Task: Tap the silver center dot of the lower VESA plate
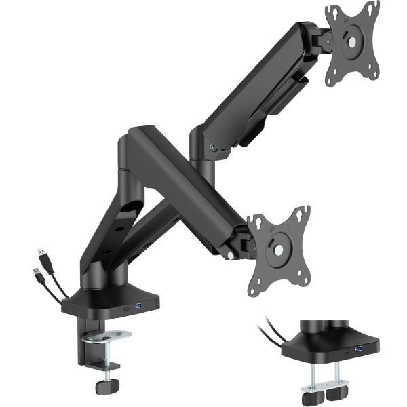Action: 278,249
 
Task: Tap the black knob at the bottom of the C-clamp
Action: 104,387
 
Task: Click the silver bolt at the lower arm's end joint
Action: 231,256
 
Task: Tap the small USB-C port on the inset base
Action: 347,351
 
